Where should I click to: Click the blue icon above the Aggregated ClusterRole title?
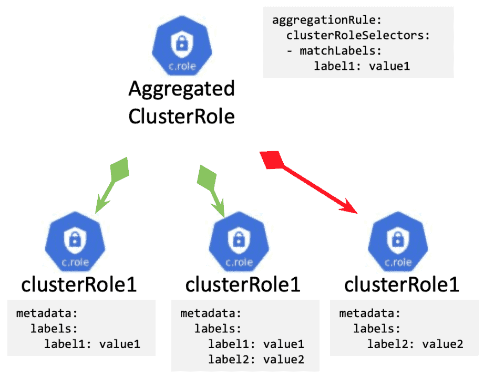(182, 45)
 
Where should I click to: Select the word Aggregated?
(181, 89)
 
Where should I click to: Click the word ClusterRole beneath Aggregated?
(181, 117)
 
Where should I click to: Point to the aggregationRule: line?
(327, 20)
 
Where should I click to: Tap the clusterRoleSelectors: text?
(358, 36)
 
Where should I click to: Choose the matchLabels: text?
(341, 51)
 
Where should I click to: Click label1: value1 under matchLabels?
(362, 66)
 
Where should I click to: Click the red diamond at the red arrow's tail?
(272, 160)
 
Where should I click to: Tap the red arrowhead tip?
(357, 214)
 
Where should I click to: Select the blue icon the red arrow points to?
(398, 242)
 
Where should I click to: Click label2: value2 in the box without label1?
(415, 344)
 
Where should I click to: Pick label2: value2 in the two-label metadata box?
(256, 360)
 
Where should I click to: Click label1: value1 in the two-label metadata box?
(256, 344)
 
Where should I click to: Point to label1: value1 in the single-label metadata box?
(92, 344)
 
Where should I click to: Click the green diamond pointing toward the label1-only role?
(119, 169)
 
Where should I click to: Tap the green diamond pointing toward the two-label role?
(207, 178)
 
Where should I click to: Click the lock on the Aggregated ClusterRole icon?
(182, 44)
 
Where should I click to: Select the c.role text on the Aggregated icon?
(182, 66)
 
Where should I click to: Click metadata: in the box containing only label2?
(369, 313)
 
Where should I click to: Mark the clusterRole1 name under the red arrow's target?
(401, 285)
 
